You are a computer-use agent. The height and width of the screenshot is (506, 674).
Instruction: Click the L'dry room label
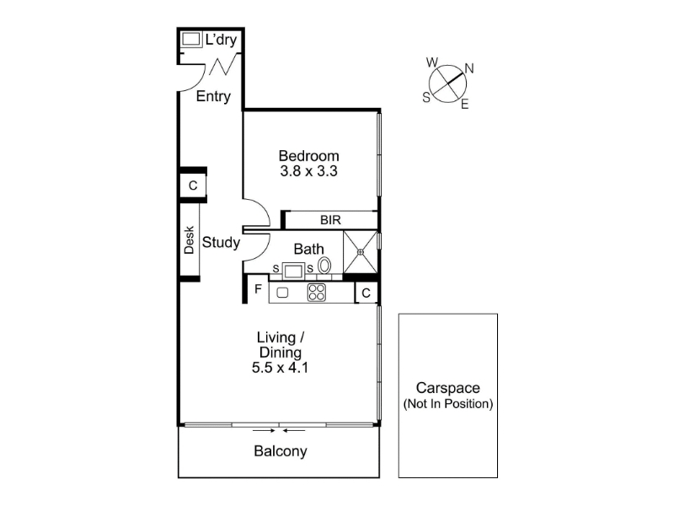pos(221,40)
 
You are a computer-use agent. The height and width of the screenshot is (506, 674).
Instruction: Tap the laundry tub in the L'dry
pos(191,39)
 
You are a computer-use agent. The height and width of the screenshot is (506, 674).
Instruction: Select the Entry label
pos(213,96)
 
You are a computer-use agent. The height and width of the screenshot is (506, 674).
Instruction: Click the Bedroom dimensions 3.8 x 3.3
pos(308,171)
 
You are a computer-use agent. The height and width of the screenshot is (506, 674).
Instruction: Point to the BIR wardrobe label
pos(330,220)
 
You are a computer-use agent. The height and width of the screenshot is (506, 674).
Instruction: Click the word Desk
pos(189,240)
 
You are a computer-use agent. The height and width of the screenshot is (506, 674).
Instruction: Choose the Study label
pos(221,242)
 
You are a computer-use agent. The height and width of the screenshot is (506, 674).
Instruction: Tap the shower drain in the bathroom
pos(361,252)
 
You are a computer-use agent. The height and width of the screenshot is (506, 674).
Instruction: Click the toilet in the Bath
pos(324,265)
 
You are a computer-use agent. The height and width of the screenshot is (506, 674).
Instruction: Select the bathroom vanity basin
pos(293,271)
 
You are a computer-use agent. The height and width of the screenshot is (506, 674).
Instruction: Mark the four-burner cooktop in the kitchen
pos(317,293)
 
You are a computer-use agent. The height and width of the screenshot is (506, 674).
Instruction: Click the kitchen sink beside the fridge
pos(282,293)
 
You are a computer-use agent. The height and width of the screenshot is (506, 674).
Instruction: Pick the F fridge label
pos(258,288)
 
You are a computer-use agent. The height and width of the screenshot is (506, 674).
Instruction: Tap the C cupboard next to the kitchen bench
pos(366,293)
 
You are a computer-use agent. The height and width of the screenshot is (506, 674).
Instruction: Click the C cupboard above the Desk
pos(193,186)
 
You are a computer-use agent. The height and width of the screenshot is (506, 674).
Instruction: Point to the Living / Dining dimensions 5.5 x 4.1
pos(280,368)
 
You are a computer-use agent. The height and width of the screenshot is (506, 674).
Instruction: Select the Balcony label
pos(281,451)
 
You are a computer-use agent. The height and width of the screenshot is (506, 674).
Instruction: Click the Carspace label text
pos(448,388)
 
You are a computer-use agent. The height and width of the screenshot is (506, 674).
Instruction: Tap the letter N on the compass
pos(469,68)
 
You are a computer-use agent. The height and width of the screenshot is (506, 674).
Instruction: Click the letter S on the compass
pos(426,98)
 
